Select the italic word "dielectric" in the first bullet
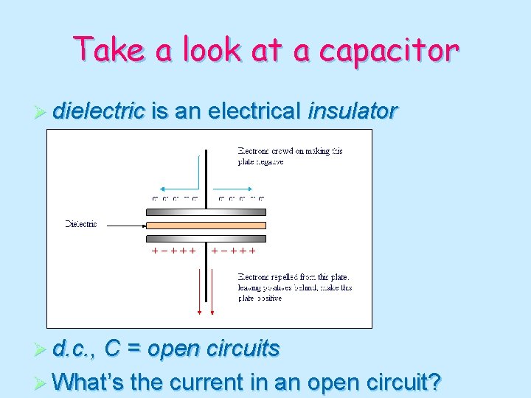coord(99,111)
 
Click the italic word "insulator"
coord(353,111)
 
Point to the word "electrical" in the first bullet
coord(254,111)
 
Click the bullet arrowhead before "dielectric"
coord(41,112)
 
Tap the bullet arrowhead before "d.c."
coord(41,349)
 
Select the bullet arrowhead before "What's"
coord(41,383)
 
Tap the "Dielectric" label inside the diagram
coord(81,224)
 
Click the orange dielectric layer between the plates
coord(206,225)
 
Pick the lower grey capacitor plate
coord(206,238)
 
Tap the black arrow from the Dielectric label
coord(122,224)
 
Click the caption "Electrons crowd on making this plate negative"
coord(290,156)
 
